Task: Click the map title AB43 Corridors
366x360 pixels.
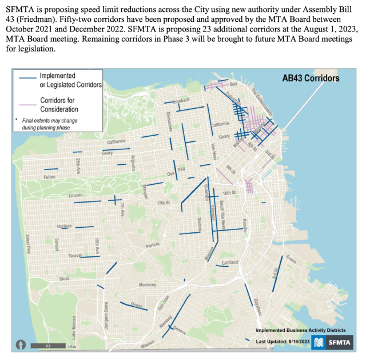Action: [x=311, y=78]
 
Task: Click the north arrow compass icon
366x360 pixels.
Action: [x=21, y=345]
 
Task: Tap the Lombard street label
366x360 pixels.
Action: [x=181, y=101]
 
